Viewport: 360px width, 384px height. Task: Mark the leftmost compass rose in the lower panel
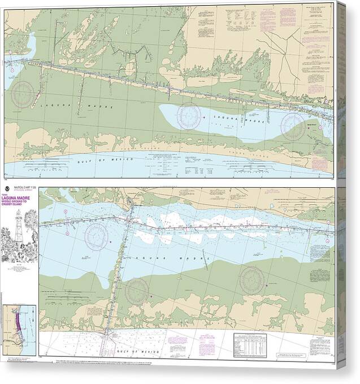coord(97,235)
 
